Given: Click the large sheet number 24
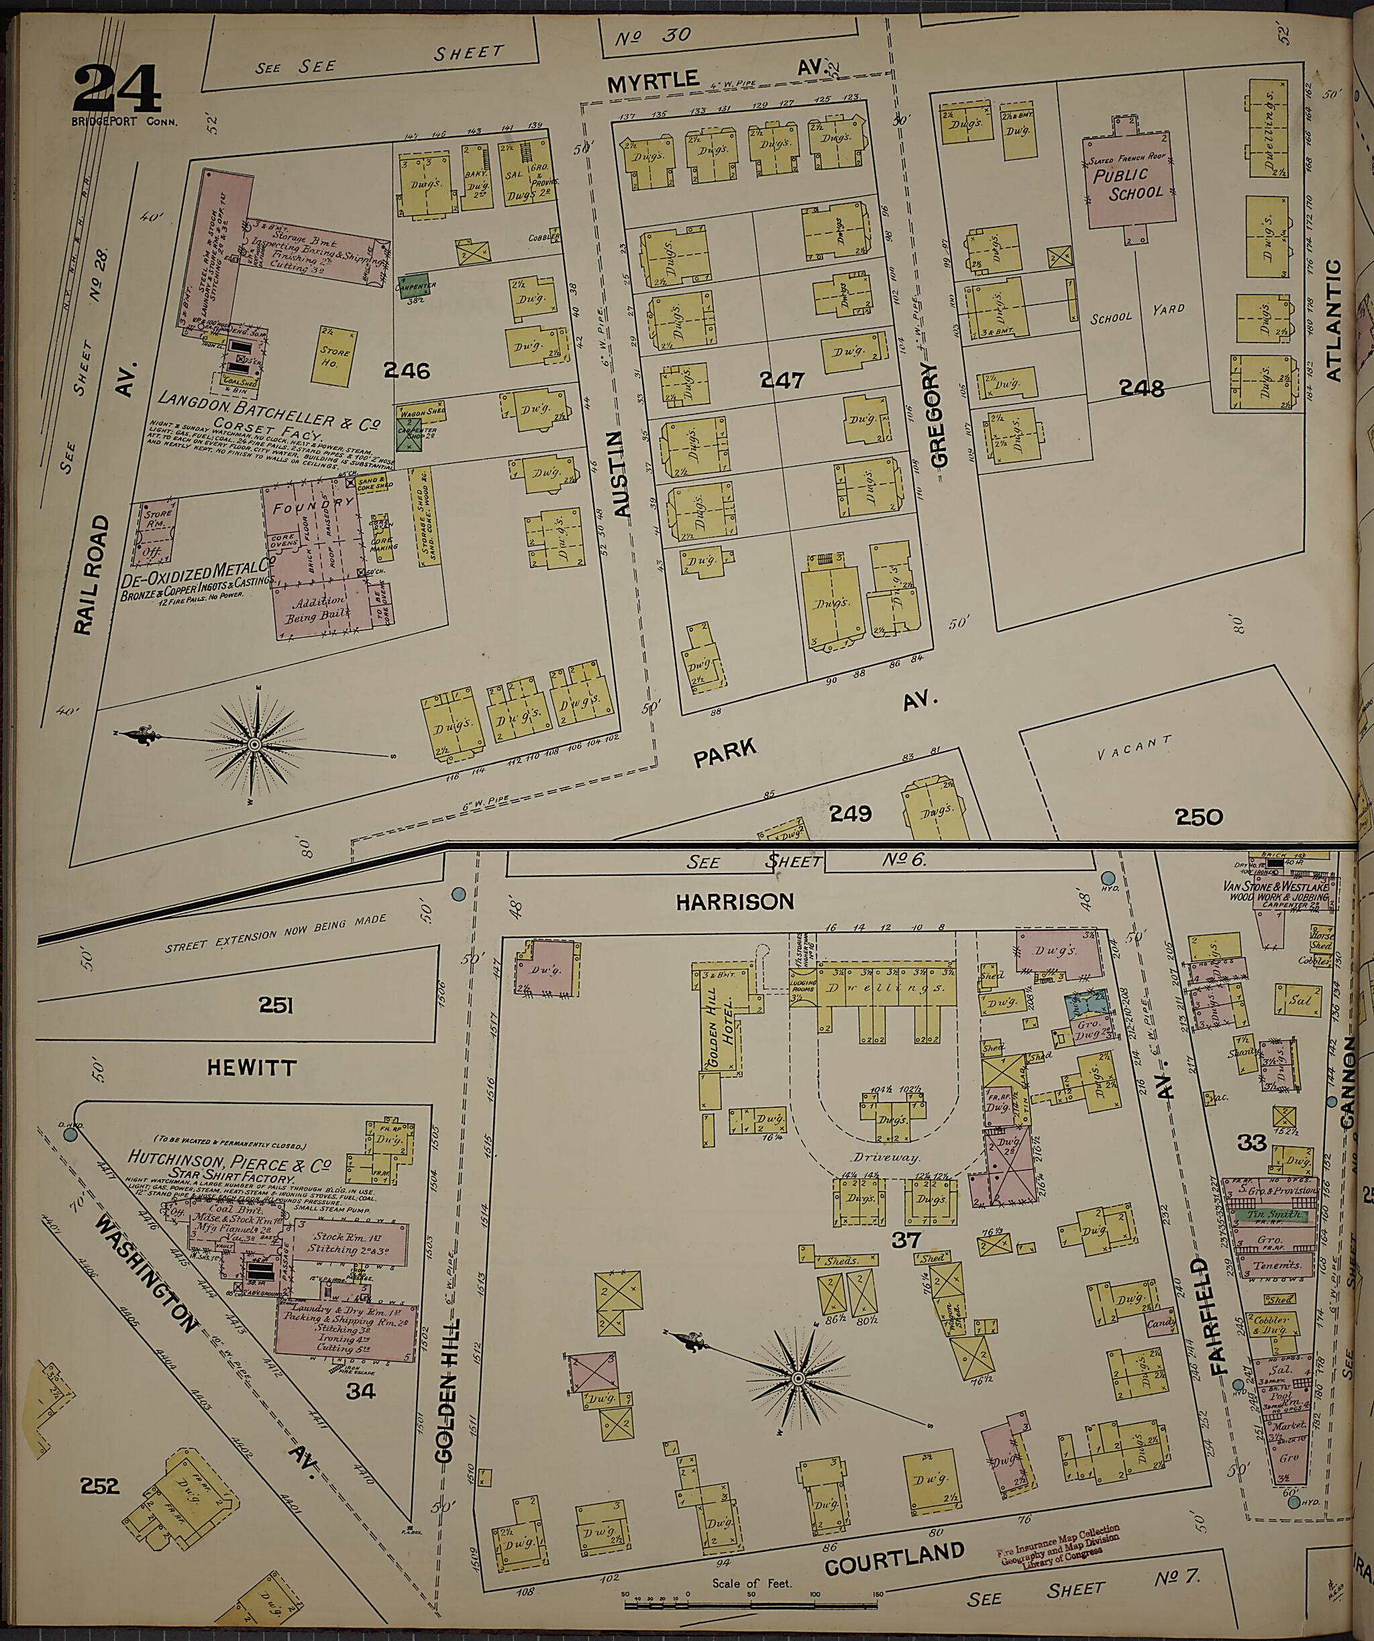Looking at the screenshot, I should tap(117, 92).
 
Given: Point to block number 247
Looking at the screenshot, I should tap(782, 380).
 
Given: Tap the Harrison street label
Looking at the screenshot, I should tap(735, 901).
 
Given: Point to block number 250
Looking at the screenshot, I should tap(1198, 817).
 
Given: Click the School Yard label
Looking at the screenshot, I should tap(1137, 313).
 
